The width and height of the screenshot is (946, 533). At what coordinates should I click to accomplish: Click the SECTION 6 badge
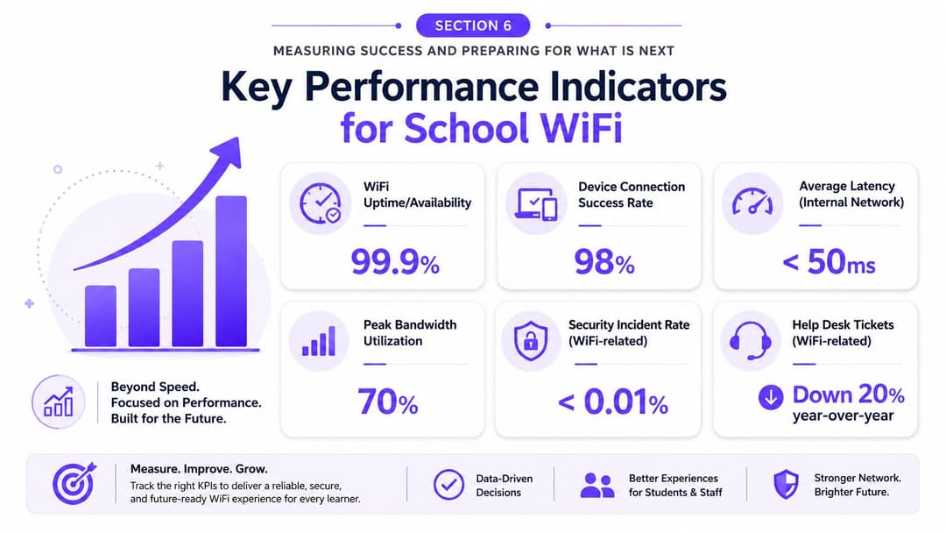[473, 25]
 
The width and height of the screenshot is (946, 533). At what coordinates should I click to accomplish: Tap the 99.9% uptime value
[395, 263]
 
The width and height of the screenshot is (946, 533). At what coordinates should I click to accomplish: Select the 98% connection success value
[604, 263]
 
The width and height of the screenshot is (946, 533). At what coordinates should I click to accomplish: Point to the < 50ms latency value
[829, 262]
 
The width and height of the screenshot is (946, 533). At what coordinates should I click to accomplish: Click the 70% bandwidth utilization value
[388, 402]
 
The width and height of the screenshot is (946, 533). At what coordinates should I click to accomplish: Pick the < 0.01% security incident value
[613, 402]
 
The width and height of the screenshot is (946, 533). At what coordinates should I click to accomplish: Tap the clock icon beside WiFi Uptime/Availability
[321, 204]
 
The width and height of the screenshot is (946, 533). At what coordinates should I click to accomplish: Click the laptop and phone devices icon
[536, 204]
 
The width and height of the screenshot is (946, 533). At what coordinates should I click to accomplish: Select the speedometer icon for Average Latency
[752, 202]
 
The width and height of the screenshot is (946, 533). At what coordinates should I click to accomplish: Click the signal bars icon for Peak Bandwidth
[319, 341]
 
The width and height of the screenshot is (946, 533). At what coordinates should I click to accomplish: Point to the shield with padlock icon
[531, 341]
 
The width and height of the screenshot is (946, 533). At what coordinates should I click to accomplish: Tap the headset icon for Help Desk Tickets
[751, 340]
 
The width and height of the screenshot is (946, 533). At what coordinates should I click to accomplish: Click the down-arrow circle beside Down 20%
[771, 396]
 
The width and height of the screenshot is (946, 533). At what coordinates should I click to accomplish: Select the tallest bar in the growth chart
[231, 271]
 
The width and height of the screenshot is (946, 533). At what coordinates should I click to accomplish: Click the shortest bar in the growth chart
[101, 316]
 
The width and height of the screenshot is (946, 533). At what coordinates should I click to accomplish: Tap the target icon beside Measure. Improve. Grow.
[74, 484]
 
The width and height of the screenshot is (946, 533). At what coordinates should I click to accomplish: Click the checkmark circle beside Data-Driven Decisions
[448, 484]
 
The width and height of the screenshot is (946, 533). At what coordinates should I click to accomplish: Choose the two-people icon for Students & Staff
[597, 485]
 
